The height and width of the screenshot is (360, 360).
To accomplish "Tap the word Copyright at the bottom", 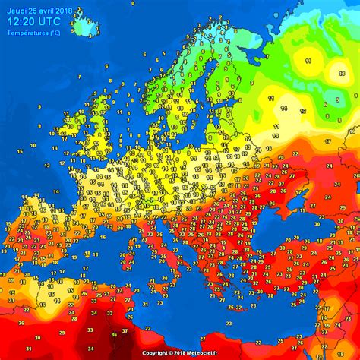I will [x=156, y=353].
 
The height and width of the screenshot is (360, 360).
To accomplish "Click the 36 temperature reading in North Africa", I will [x=115, y=333].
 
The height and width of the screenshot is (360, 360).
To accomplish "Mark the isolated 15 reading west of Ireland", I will [x=20, y=153].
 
